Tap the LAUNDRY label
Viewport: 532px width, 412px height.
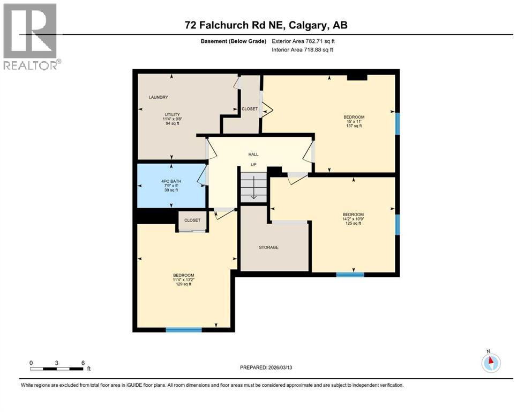pyautogui.click(x=159, y=97)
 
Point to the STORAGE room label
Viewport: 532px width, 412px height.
pyautogui.click(x=268, y=247)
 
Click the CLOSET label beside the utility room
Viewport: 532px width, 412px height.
pyautogui.click(x=249, y=109)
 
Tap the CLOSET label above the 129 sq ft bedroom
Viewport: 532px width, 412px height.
pyautogui.click(x=192, y=220)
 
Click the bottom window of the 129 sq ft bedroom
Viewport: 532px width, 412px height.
pyautogui.click(x=183, y=329)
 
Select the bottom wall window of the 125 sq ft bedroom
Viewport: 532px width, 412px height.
pyautogui.click(x=350, y=274)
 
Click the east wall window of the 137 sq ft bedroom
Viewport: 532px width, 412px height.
pyautogui.click(x=397, y=123)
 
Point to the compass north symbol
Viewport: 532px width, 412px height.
pyautogui.click(x=490, y=362)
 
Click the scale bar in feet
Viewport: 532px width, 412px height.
pyautogui.click(x=57, y=369)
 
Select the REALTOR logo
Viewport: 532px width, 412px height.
pyautogui.click(x=31, y=36)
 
